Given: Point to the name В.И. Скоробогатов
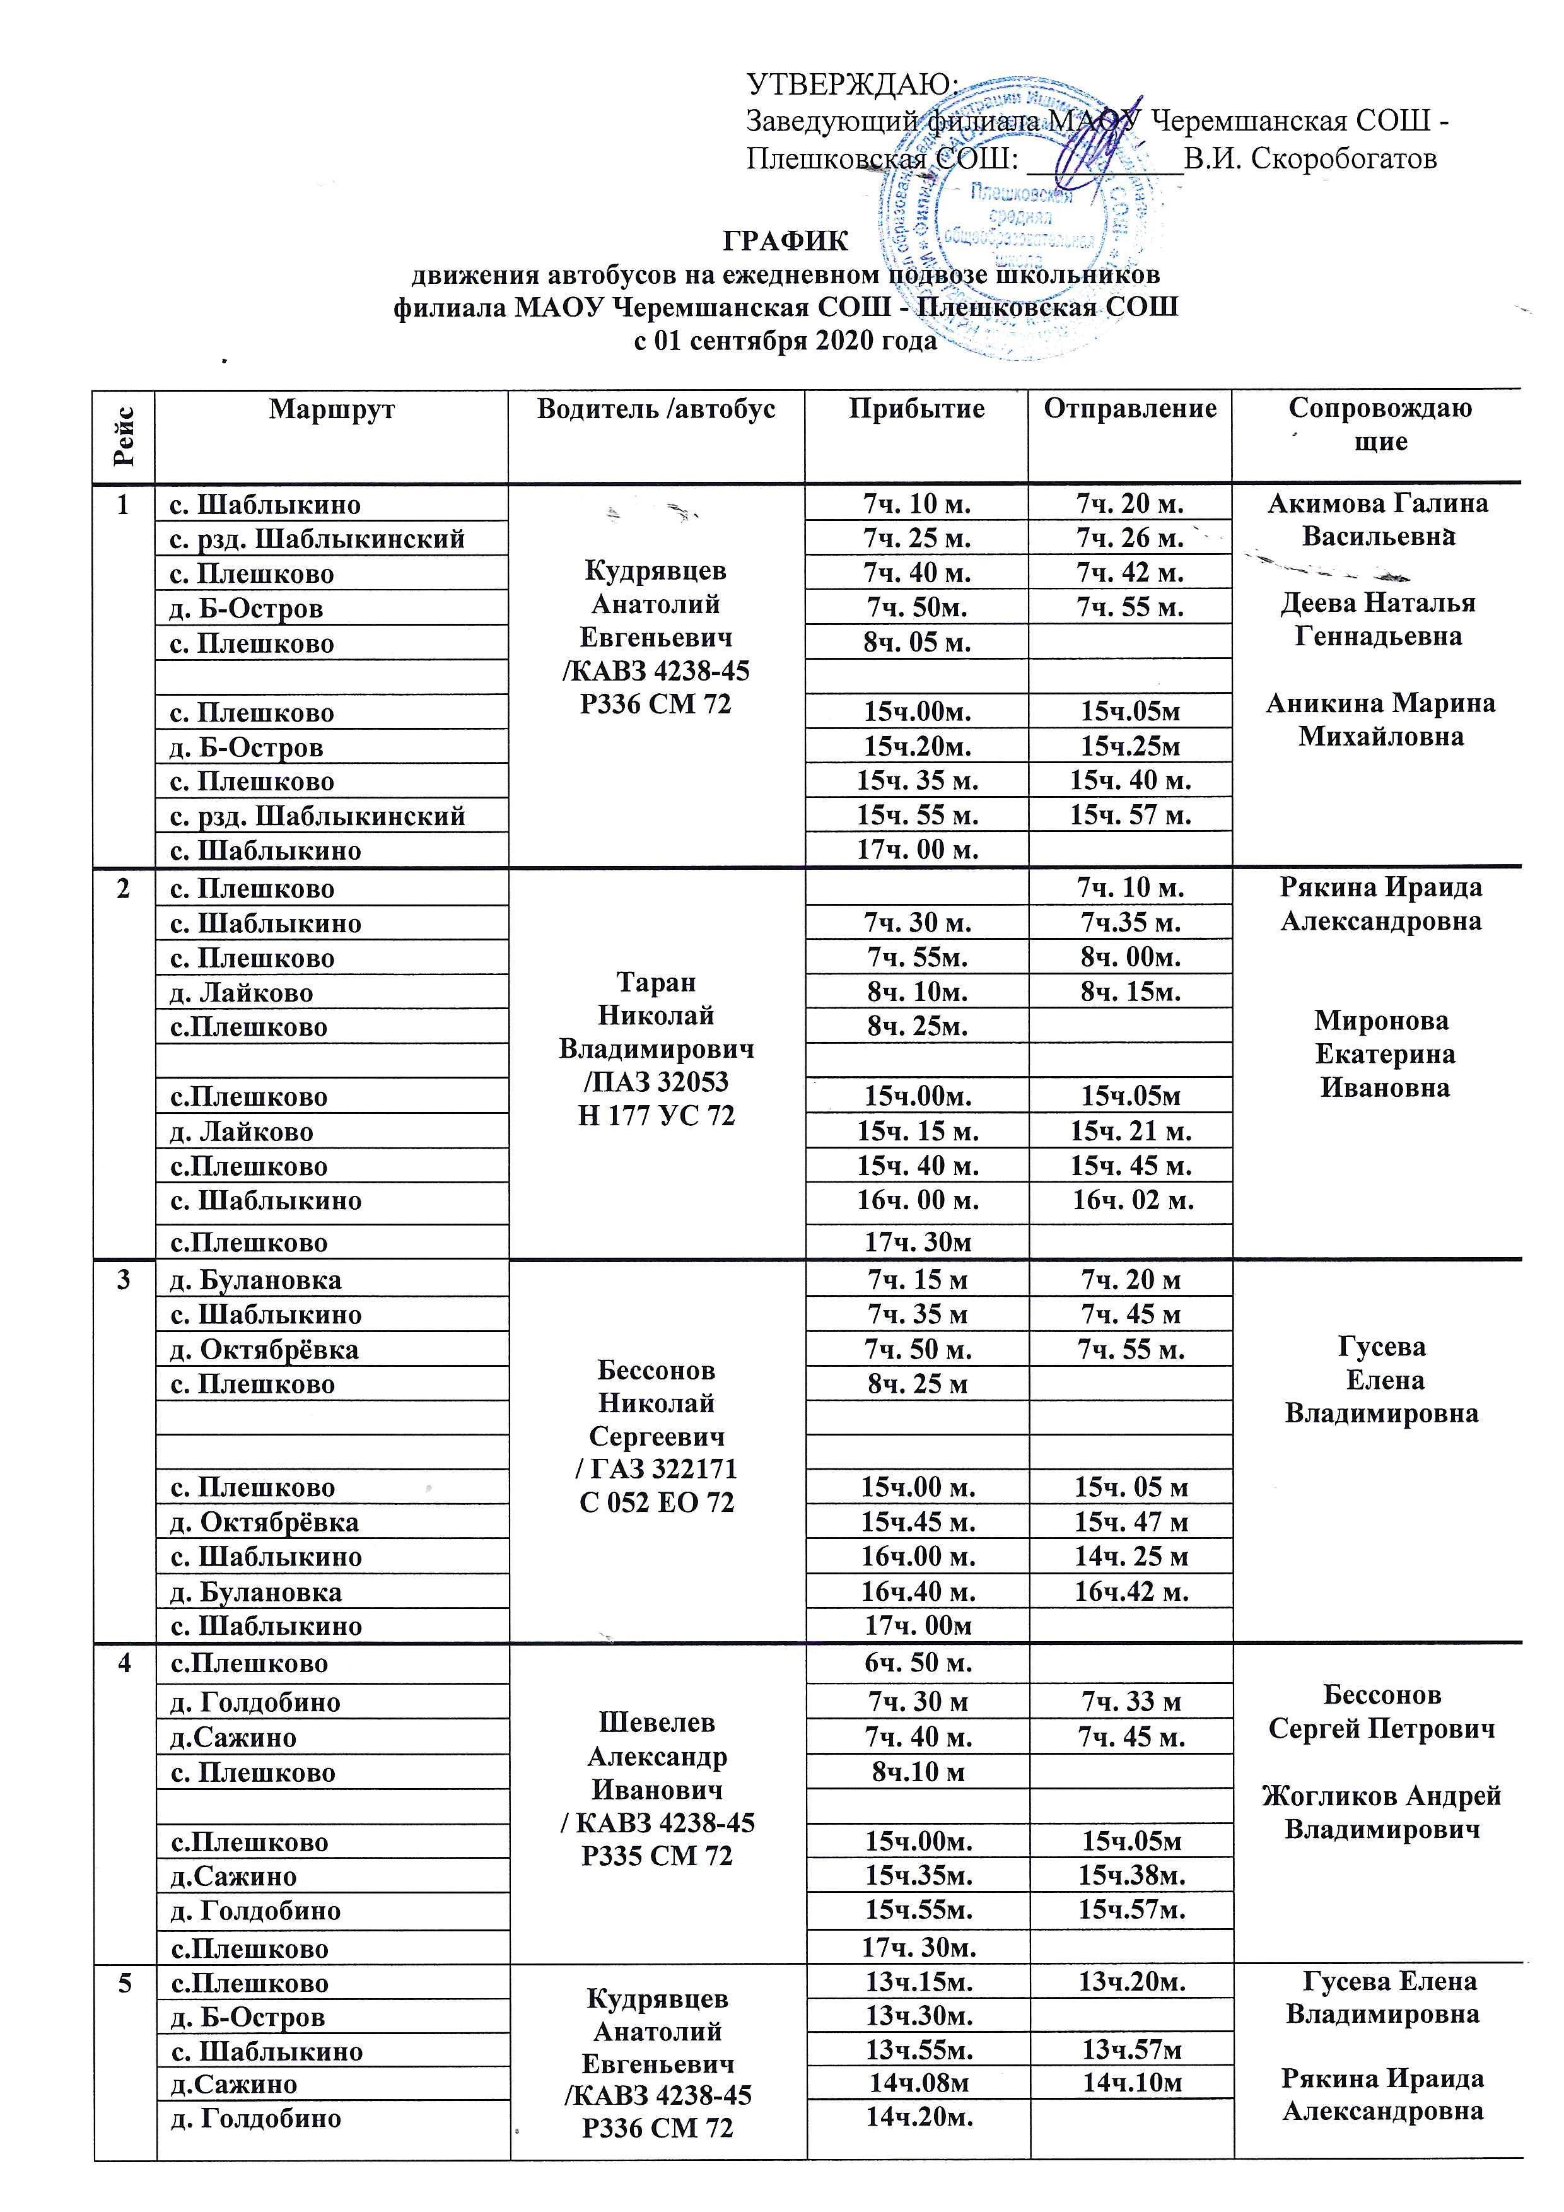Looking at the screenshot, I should click(x=1310, y=158).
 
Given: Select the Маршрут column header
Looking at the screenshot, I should click(x=331, y=409).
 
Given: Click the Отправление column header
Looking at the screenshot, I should click(x=1129, y=409).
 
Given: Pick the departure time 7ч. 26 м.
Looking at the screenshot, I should click(x=1129, y=537).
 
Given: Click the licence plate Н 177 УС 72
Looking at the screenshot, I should click(x=656, y=1116).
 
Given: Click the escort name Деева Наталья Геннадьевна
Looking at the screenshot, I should click(x=1378, y=619).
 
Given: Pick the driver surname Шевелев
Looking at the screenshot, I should click(x=657, y=1723).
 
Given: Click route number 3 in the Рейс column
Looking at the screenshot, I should click(x=122, y=1281).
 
